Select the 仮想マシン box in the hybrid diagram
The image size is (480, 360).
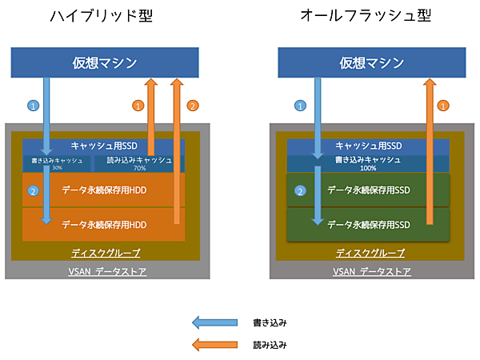point(104,62)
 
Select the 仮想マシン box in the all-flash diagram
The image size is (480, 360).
point(371,62)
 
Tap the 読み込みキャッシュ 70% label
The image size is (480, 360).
point(139,163)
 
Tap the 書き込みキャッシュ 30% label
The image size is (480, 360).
point(56,163)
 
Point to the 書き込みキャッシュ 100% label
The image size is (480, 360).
point(369,163)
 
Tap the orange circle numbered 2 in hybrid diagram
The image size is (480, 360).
point(192,105)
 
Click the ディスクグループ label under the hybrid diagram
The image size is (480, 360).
point(104,254)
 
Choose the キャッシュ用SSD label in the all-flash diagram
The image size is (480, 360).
point(369,146)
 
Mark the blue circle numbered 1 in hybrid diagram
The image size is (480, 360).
point(33,105)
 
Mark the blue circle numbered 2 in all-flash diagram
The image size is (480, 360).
point(300,191)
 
